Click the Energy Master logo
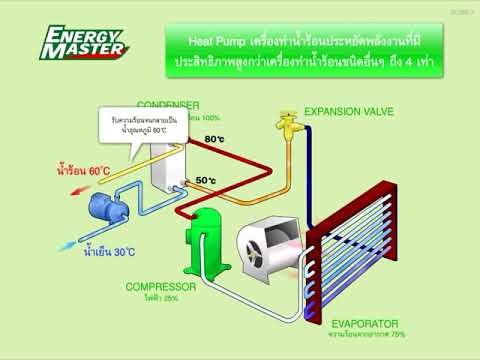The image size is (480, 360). (84, 42)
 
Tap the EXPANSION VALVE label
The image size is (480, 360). (349, 110)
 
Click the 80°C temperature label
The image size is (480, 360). (214, 139)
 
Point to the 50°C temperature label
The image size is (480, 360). (206, 180)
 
